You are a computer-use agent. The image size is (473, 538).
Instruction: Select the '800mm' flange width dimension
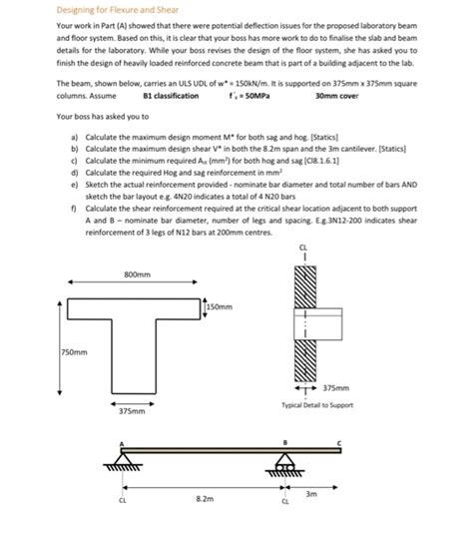tap(138, 273)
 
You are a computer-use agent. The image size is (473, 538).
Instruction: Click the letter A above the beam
tap(123, 445)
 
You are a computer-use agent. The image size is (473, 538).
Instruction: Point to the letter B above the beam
tap(286, 445)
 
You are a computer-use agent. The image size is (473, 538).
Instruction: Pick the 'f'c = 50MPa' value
tap(260, 96)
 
